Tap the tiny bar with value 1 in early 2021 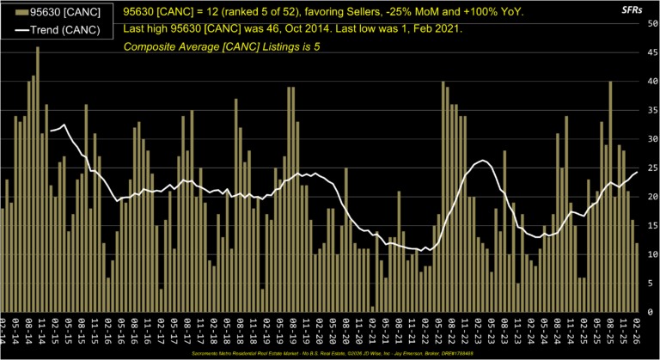[x=373, y=308]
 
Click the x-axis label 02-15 [x=55, y=330]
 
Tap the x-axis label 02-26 [x=637, y=330]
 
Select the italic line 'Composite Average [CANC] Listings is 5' [x=222, y=46]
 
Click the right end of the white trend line [x=637, y=172]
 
